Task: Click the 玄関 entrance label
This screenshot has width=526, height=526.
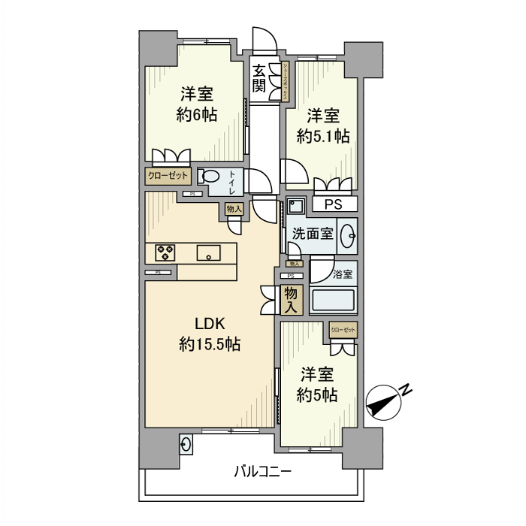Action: tap(259, 77)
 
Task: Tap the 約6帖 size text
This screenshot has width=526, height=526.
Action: tap(197, 115)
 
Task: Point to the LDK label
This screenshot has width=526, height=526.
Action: tap(210, 324)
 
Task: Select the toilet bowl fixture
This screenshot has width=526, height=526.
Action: tap(211, 177)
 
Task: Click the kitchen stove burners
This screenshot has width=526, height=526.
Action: tap(165, 252)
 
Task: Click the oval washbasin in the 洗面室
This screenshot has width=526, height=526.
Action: tap(349, 235)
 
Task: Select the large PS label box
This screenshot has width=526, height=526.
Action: tap(333, 204)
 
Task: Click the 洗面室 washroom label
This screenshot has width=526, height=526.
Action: tap(313, 233)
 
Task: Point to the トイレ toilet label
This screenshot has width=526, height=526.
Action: tap(233, 180)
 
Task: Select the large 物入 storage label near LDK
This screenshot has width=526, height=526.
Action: tap(292, 300)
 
